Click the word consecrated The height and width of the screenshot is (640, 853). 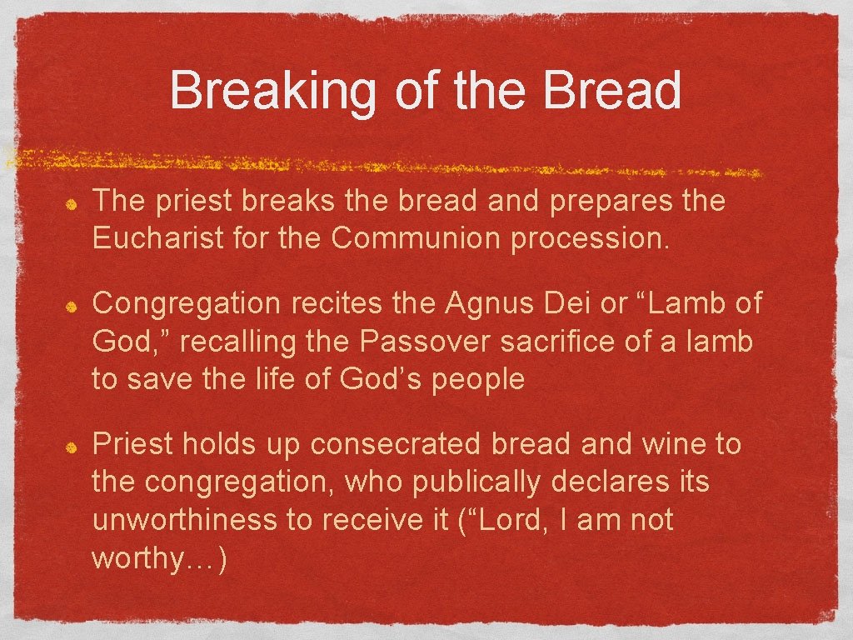[x=396, y=444]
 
